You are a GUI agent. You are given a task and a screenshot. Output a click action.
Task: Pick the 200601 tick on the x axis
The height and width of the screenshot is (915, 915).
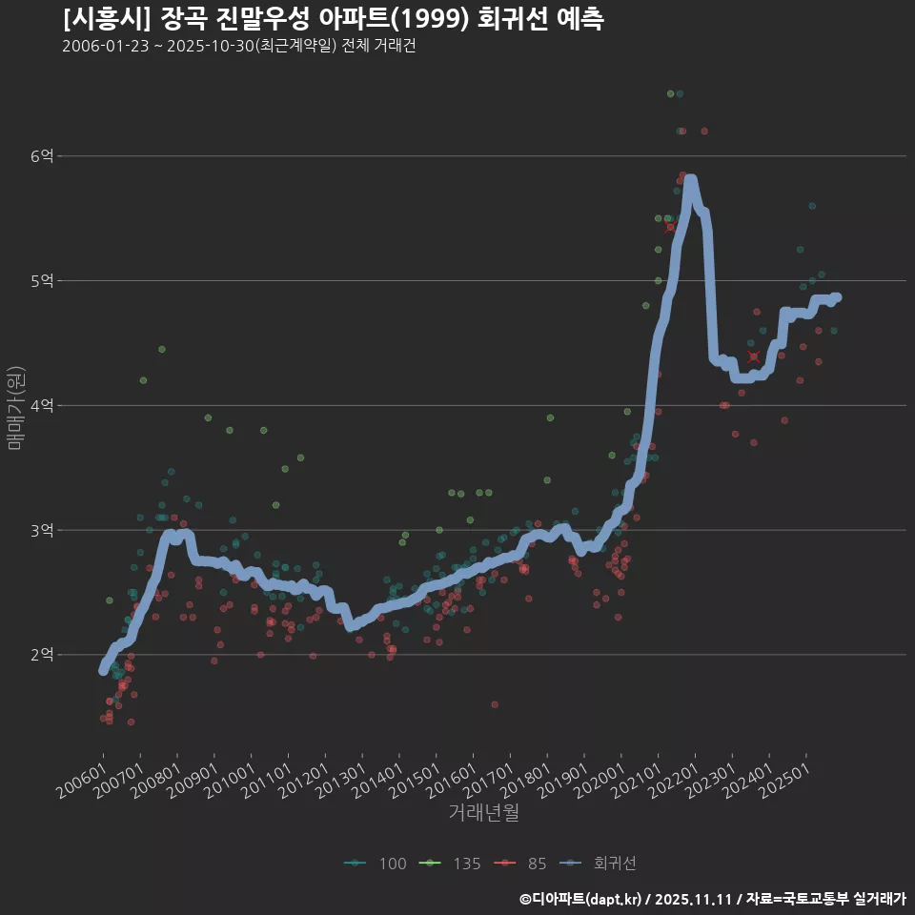coord(80,783)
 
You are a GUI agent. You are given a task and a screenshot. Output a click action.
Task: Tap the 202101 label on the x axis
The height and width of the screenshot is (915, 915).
coord(636,783)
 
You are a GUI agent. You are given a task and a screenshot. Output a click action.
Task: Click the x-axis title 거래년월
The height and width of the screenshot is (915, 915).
coord(484,813)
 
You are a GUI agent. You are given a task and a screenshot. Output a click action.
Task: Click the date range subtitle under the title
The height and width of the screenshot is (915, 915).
coord(238,46)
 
